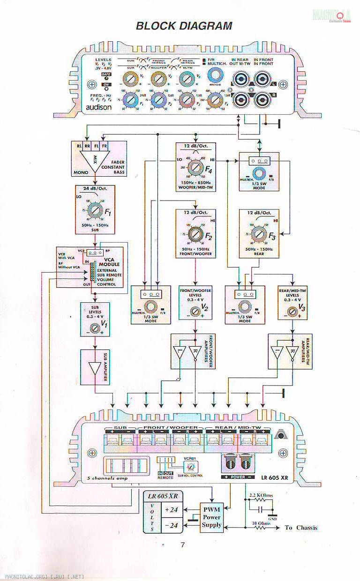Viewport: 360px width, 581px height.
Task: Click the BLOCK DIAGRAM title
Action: point(184,26)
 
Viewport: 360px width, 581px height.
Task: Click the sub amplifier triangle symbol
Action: point(96,368)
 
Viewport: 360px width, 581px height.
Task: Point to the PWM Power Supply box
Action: point(211,517)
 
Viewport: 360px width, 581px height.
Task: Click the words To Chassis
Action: point(301,528)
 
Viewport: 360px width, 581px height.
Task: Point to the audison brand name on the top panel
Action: point(98,107)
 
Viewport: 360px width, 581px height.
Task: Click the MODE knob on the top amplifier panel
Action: point(216,74)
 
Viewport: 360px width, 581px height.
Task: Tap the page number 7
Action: point(183,544)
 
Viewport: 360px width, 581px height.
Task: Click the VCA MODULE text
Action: point(112,261)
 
